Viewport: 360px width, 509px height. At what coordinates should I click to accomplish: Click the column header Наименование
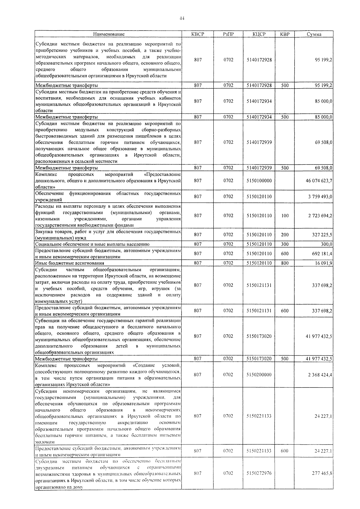pyautogui.click(x=109, y=34)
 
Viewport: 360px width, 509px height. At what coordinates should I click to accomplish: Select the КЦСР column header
pyautogui.click(x=259, y=34)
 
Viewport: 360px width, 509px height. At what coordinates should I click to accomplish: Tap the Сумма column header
pyautogui.click(x=314, y=34)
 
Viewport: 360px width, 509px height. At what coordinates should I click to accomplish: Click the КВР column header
pyautogui.click(x=285, y=34)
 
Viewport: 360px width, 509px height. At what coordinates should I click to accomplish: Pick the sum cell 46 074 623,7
pyautogui.click(x=318, y=181)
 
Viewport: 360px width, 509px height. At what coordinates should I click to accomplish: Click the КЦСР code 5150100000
pyautogui.click(x=259, y=181)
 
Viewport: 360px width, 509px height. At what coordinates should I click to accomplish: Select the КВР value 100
pyautogui.click(x=285, y=215)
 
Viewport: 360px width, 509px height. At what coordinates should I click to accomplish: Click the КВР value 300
pyautogui.click(x=285, y=244)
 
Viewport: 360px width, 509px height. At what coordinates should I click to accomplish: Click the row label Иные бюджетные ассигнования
pyautogui.click(x=70, y=263)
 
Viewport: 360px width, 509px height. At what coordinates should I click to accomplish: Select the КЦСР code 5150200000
pyautogui.click(x=259, y=375)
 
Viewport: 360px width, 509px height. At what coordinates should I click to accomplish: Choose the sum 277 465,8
pyautogui.click(x=322, y=473)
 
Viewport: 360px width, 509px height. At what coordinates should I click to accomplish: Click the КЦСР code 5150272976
pyautogui.click(x=259, y=473)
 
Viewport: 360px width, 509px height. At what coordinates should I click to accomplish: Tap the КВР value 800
pyautogui.click(x=285, y=263)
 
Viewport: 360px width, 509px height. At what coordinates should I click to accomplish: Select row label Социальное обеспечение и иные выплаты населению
pyautogui.click(x=92, y=244)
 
